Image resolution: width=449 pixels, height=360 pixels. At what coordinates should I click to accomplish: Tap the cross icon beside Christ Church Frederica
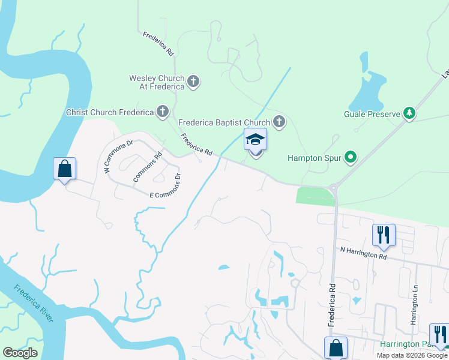[162, 112]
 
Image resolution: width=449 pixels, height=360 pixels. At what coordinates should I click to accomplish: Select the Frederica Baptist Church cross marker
[279, 122]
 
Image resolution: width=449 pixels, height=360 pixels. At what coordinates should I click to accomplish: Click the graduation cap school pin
[255, 141]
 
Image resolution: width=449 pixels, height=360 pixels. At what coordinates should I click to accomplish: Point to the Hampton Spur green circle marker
[350, 158]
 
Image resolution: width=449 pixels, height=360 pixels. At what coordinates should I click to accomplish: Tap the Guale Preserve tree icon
[409, 113]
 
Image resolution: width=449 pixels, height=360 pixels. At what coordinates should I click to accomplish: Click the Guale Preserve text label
[372, 113]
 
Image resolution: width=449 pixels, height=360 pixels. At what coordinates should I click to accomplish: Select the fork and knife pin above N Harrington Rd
[384, 235]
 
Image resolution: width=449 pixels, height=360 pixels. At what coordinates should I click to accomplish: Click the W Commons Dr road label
[118, 157]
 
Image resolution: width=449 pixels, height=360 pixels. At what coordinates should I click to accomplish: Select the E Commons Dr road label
[165, 187]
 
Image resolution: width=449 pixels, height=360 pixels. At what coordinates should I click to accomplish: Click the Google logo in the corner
[20, 353]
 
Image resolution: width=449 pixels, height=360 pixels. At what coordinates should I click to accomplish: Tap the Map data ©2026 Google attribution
[411, 355]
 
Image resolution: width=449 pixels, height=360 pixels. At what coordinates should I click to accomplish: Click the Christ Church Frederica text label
[109, 112]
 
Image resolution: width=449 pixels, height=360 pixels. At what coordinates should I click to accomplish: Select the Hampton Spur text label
[314, 158]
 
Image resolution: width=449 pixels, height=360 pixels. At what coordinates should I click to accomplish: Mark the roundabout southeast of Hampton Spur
[335, 188]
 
